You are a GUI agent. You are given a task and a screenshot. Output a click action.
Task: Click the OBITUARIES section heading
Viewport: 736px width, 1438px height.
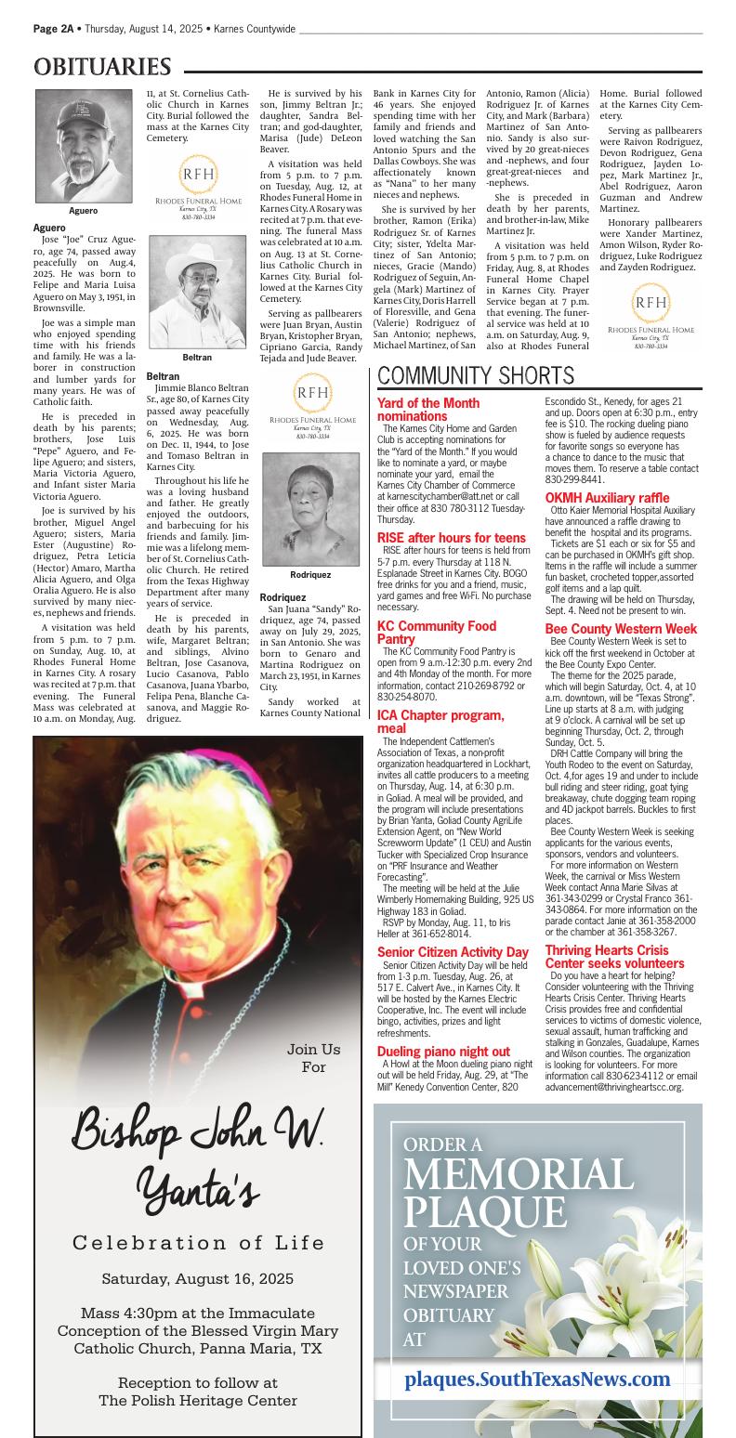[103, 68]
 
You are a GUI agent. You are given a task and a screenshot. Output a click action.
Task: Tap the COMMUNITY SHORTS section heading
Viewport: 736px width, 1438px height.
[476, 376]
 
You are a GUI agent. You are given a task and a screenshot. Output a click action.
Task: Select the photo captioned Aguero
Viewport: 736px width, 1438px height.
[83, 146]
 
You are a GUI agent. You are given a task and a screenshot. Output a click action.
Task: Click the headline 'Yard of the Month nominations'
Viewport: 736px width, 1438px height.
[428, 410]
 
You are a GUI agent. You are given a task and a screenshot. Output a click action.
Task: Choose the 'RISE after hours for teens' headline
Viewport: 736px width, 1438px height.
[452, 538]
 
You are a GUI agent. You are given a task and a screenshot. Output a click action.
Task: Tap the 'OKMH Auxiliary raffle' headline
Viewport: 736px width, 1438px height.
[607, 498]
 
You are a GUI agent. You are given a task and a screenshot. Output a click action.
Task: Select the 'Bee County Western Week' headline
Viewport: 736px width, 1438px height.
[621, 629]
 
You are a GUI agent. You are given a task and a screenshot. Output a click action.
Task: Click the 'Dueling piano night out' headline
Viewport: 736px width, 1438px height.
[443, 1052]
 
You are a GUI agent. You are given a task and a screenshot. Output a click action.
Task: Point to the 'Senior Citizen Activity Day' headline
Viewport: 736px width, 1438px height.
[453, 952]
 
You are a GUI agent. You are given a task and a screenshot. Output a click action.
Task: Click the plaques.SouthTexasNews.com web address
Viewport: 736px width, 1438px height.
[537, 1379]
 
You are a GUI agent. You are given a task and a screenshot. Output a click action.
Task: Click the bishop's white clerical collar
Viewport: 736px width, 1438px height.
[190, 987]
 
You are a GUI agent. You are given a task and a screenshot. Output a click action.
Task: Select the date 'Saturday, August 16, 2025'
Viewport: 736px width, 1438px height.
[198, 1278]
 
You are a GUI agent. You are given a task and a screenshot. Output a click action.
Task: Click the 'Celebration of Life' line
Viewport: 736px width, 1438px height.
[198, 1243]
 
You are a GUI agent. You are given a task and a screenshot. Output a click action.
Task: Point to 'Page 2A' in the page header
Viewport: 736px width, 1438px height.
[53, 29]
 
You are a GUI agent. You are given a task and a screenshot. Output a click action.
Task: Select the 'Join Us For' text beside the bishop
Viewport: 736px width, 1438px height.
[313, 1058]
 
